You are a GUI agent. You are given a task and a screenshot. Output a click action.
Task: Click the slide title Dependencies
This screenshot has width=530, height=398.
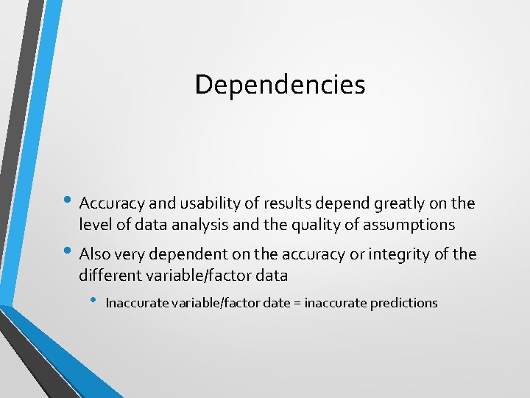[x=280, y=85]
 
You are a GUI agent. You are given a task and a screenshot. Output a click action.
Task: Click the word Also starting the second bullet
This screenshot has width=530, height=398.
[x=95, y=254]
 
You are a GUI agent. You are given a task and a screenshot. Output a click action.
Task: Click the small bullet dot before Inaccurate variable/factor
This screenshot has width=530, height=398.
[x=92, y=301]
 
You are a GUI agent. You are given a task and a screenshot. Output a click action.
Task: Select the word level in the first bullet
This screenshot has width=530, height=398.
[x=94, y=224]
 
